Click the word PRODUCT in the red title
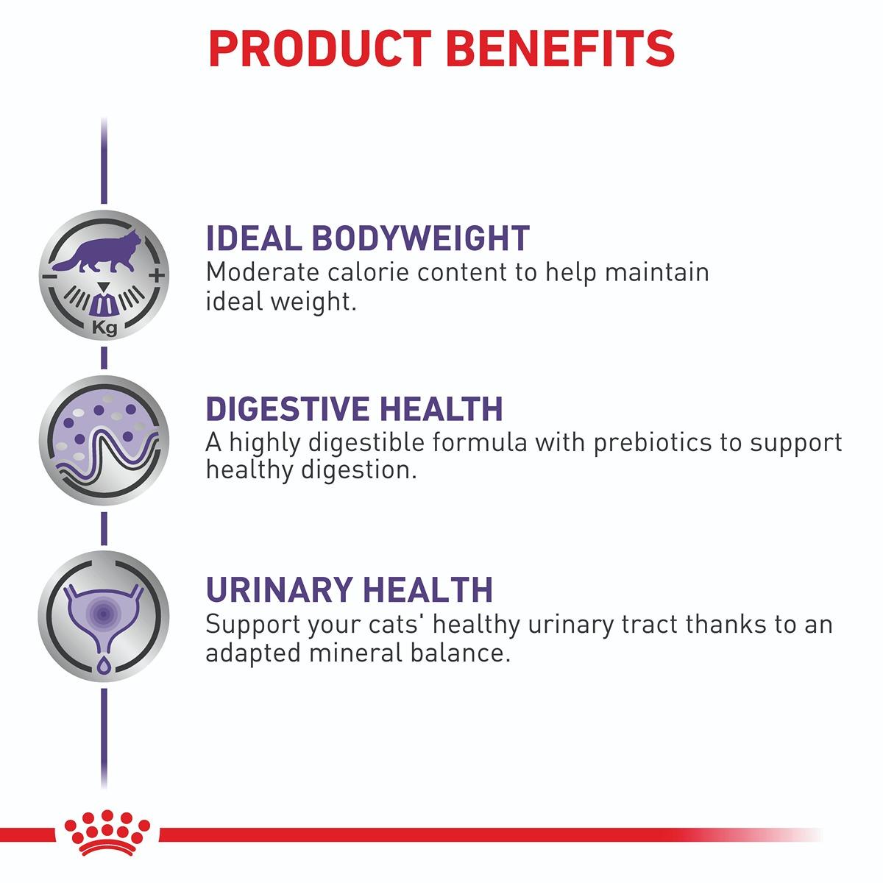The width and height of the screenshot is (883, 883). pyautogui.click(x=319, y=49)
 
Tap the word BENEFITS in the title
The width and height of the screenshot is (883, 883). pyautogui.click(x=560, y=49)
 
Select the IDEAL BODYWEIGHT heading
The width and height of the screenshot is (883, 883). pyautogui.click(x=368, y=238)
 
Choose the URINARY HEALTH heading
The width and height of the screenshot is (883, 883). pyautogui.click(x=350, y=589)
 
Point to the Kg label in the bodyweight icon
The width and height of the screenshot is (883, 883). pyautogui.click(x=104, y=328)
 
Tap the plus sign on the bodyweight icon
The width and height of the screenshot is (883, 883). pyautogui.click(x=157, y=275)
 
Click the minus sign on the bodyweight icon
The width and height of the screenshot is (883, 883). pyautogui.click(x=49, y=277)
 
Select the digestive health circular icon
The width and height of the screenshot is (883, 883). pyautogui.click(x=104, y=440)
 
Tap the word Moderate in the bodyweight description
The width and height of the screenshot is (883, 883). pyautogui.click(x=263, y=272)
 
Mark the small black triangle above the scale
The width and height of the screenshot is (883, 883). pyautogui.click(x=104, y=287)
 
